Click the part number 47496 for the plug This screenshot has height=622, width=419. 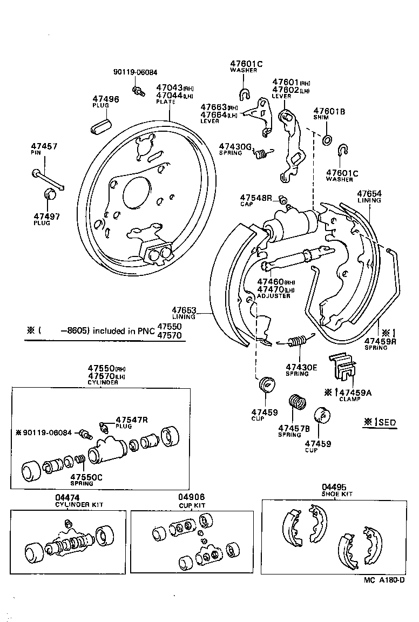[x=105, y=99]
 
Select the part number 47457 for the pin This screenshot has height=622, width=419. [x=44, y=146]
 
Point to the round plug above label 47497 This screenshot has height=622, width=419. [x=49, y=194]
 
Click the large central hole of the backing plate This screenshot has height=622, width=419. [x=136, y=192]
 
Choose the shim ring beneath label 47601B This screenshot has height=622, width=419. [x=327, y=141]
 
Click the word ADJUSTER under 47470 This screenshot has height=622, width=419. [x=274, y=296]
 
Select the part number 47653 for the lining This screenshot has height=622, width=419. [x=184, y=310]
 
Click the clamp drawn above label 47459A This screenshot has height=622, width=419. [x=342, y=367]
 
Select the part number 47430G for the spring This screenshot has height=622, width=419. [x=235, y=146]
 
